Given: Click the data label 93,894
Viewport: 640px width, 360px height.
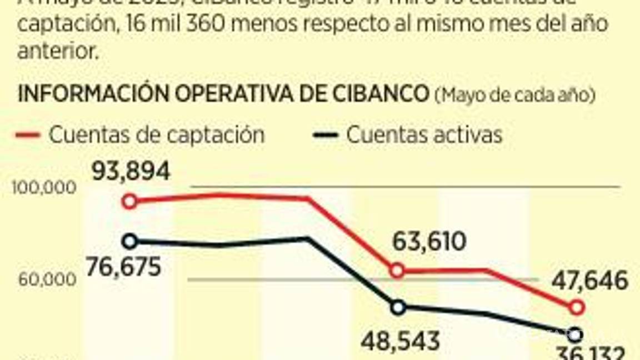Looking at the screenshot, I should [x=131, y=172].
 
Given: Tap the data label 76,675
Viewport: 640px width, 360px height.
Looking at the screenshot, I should [x=123, y=266].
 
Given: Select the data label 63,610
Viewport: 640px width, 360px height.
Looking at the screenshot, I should [x=429, y=242].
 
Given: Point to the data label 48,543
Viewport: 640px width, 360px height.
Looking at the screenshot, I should [x=400, y=341].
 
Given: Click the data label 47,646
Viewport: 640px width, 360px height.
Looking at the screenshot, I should [x=590, y=281].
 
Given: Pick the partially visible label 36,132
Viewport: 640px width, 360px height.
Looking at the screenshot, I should [x=591, y=353].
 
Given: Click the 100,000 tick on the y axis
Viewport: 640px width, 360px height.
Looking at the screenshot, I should [x=43, y=188].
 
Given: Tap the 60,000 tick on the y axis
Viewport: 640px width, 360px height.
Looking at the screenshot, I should [x=47, y=279].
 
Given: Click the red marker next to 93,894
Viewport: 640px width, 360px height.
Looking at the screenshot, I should [x=130, y=201].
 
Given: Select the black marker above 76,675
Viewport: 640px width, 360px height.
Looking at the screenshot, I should [x=130, y=241].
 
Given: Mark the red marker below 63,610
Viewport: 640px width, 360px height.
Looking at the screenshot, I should [x=397, y=271].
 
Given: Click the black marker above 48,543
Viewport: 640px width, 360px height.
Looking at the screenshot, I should [x=397, y=307].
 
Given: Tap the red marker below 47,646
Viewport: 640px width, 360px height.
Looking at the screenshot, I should [x=577, y=307].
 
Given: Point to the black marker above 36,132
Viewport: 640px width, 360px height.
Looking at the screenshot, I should [x=576, y=334].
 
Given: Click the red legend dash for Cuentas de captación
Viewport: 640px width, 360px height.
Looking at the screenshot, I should [x=28, y=135].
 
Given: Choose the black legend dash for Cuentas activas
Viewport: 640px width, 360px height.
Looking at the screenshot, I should [x=326, y=135].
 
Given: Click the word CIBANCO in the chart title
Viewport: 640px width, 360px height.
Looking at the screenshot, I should [x=379, y=94].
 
